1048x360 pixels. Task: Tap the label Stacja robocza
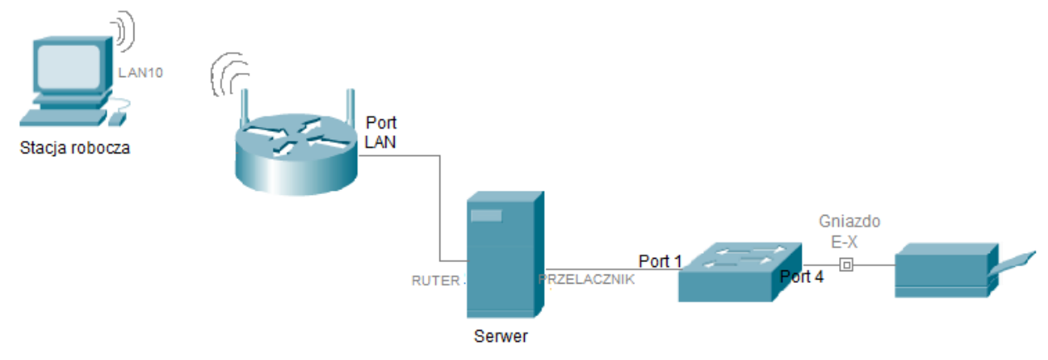click(x=75, y=149)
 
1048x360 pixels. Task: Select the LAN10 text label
click(x=141, y=72)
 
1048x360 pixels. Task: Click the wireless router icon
click(x=295, y=149)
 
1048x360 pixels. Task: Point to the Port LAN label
click(x=381, y=133)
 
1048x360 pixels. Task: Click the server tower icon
click(x=504, y=255)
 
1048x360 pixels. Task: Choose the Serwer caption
click(x=501, y=337)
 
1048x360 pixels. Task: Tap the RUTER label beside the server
click(x=435, y=280)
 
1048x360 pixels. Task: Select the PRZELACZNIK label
click(x=587, y=280)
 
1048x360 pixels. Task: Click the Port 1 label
click(x=660, y=261)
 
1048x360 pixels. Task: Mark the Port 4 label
click(x=802, y=277)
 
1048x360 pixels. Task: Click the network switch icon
click(x=740, y=271)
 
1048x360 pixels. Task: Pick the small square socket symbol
click(x=846, y=265)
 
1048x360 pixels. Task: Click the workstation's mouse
click(x=117, y=118)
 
